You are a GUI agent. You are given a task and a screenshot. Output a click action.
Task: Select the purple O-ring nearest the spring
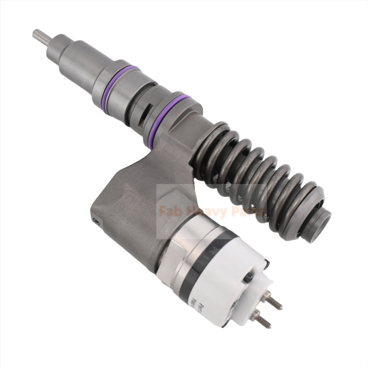click(170, 114)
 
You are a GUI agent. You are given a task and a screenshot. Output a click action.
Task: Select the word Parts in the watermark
click(247, 212)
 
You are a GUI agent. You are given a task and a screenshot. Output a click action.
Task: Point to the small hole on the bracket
click(97, 221)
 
